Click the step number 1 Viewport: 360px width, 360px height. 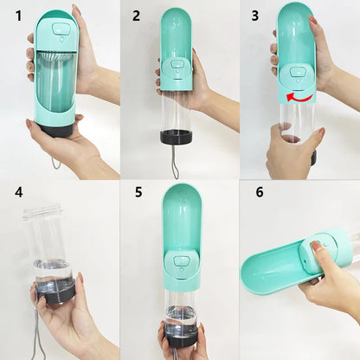[16, 16]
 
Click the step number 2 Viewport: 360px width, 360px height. [136, 16]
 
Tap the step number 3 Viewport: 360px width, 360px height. [254, 16]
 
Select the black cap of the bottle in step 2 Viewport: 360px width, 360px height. [176, 136]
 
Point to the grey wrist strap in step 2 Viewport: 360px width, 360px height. [176, 160]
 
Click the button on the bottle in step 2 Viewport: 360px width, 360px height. [177, 65]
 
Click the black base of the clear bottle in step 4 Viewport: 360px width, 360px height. [55, 292]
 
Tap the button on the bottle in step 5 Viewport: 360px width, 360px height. [182, 260]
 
